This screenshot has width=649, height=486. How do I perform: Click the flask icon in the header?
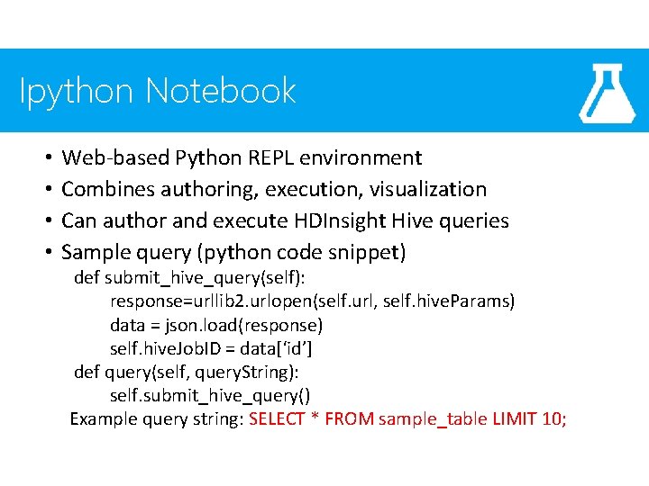(608, 93)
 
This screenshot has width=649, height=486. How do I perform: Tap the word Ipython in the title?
(78, 91)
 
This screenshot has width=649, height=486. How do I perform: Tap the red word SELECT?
(277, 418)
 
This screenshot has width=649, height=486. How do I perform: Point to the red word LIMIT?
(515, 418)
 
